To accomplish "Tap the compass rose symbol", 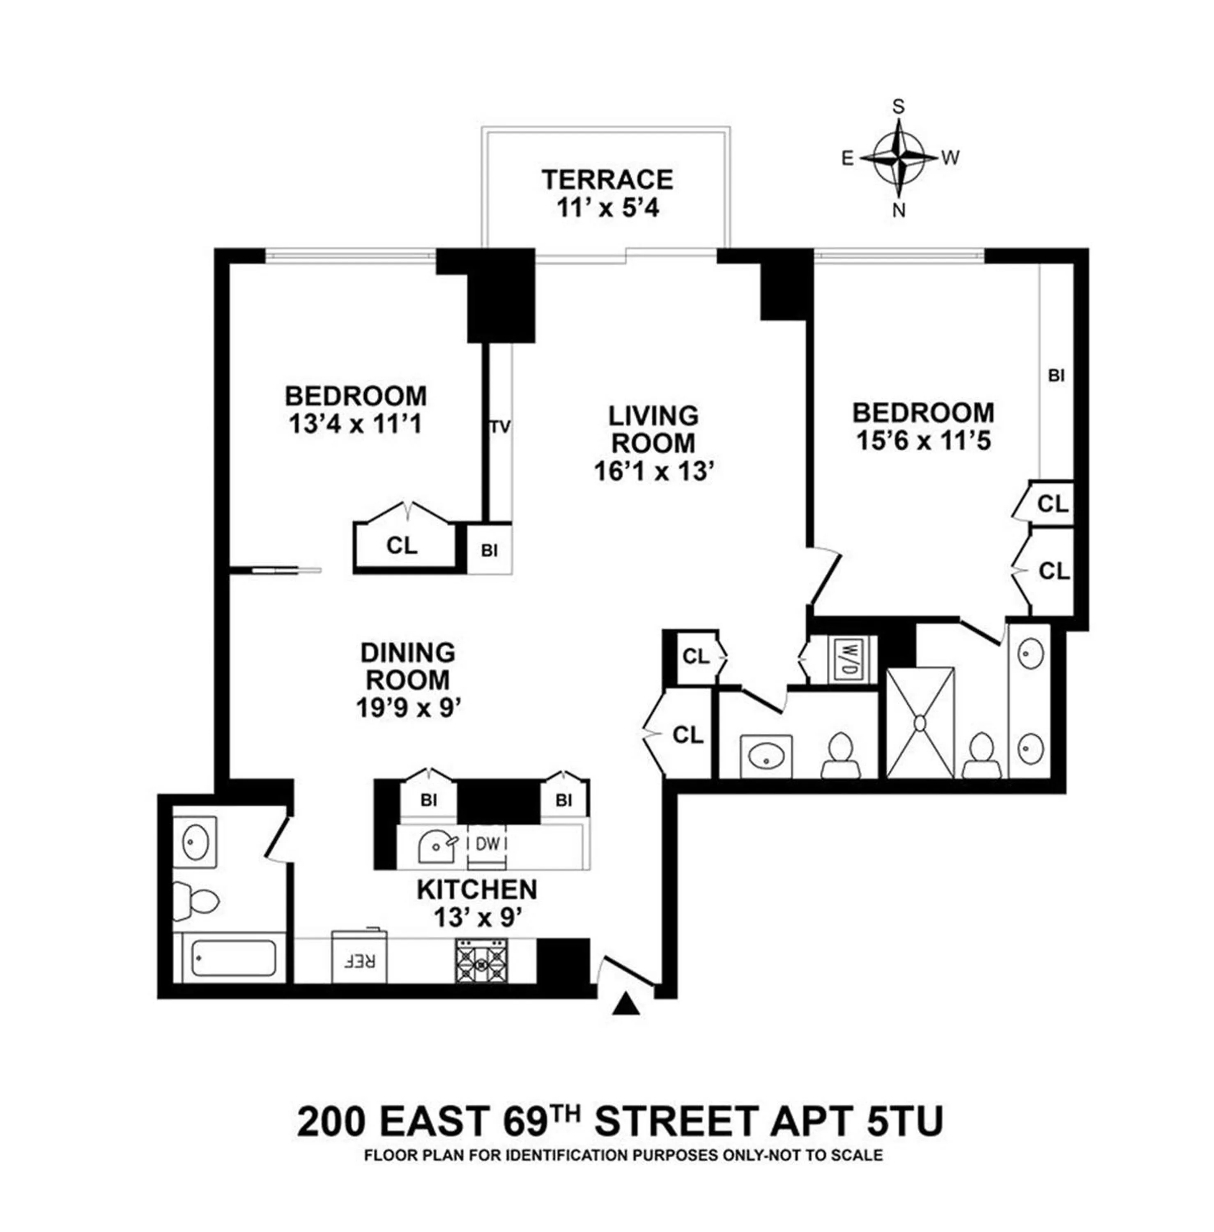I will (899, 158).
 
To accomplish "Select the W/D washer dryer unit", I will (847, 660).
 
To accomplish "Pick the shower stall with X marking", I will (920, 722).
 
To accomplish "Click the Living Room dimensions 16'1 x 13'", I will (653, 472).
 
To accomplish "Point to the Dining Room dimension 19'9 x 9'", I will (408, 708).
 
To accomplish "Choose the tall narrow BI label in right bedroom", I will (1056, 376).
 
